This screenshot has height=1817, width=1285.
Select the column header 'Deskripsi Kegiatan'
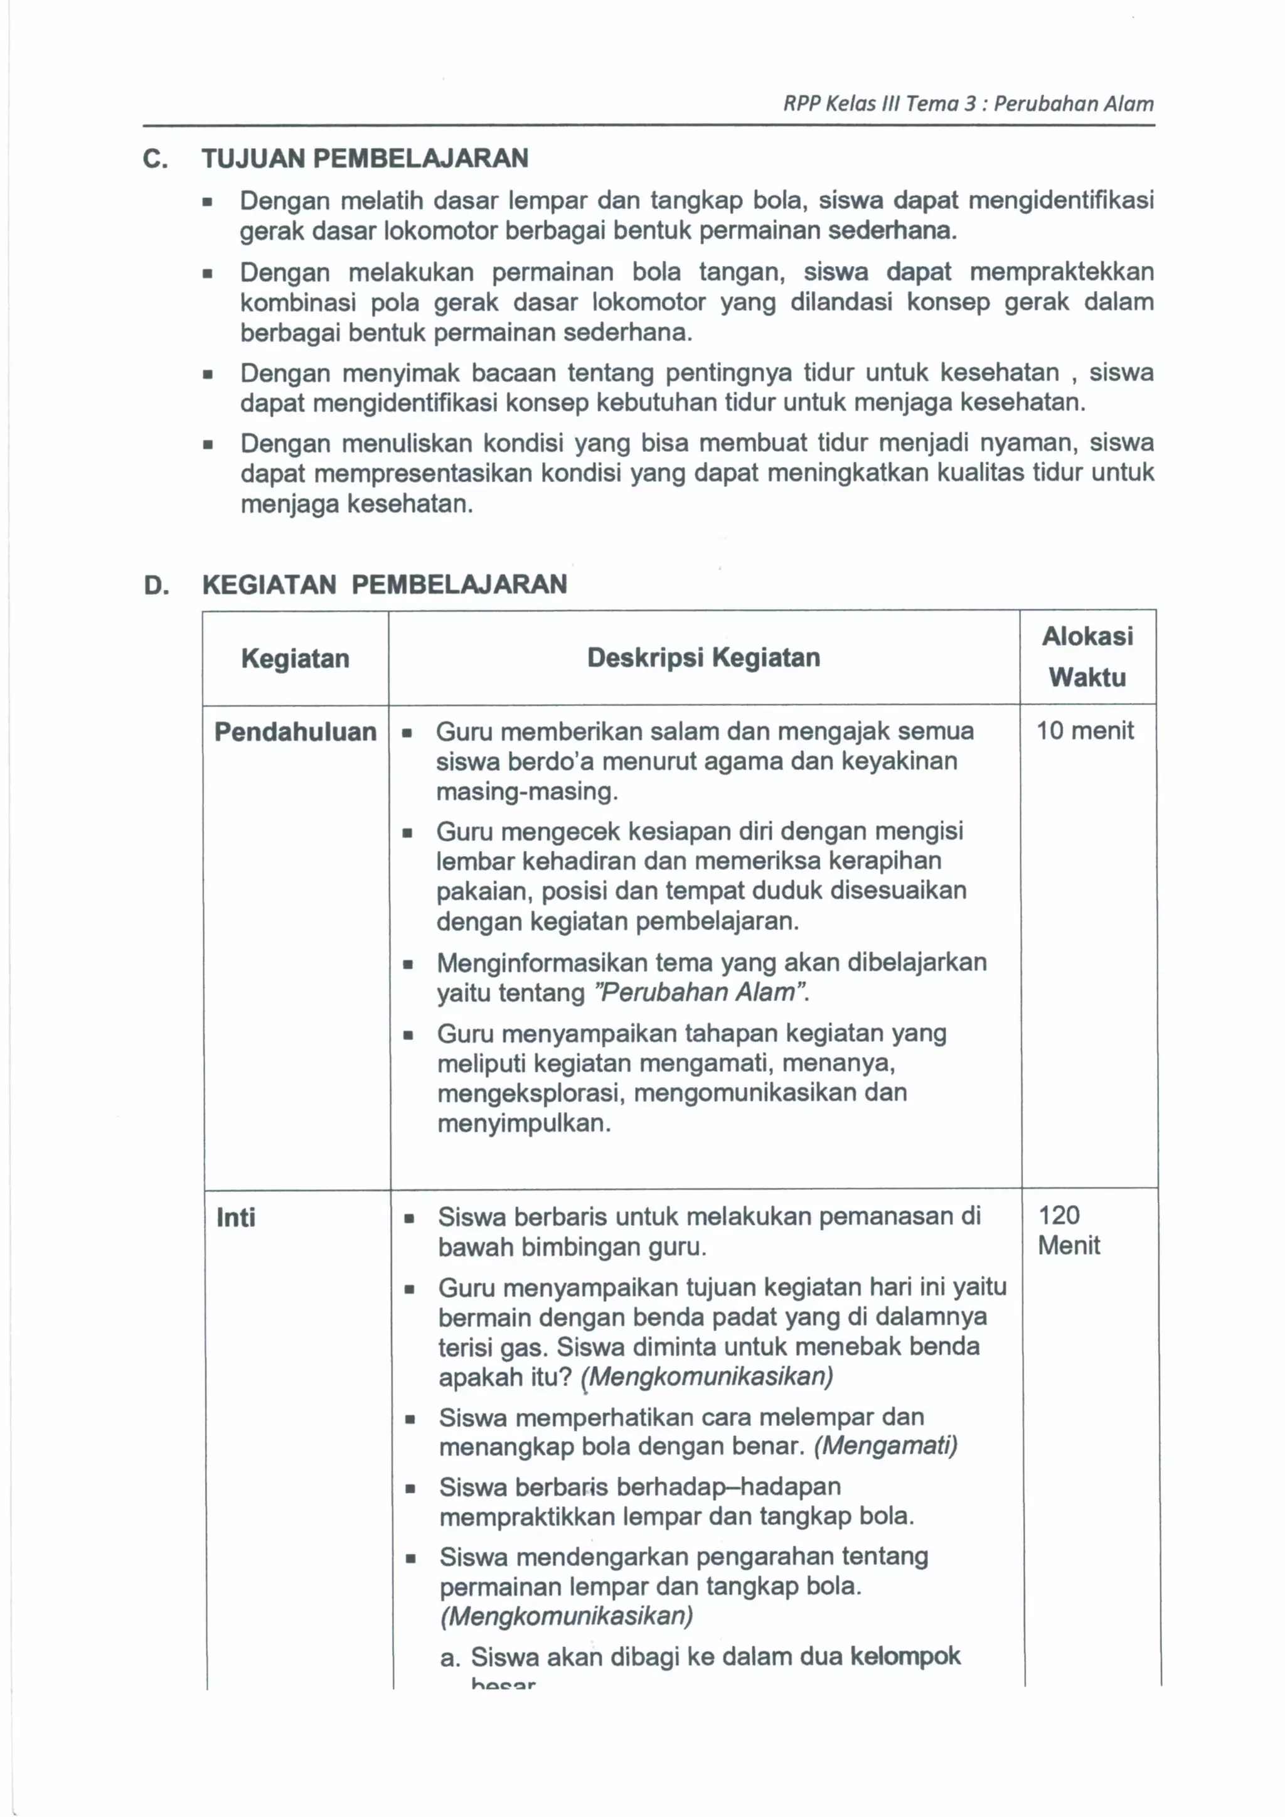tap(703, 658)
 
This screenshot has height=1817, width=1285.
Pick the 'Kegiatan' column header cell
tap(295, 658)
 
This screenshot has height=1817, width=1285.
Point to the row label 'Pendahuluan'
tap(295, 732)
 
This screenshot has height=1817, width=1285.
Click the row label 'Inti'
tap(236, 1217)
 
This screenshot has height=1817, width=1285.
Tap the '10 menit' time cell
tap(1085, 731)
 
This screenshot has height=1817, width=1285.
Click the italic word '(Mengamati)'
tap(885, 1446)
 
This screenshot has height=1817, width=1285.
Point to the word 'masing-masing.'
tap(527, 791)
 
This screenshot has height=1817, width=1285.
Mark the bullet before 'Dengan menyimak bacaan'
tap(207, 374)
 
